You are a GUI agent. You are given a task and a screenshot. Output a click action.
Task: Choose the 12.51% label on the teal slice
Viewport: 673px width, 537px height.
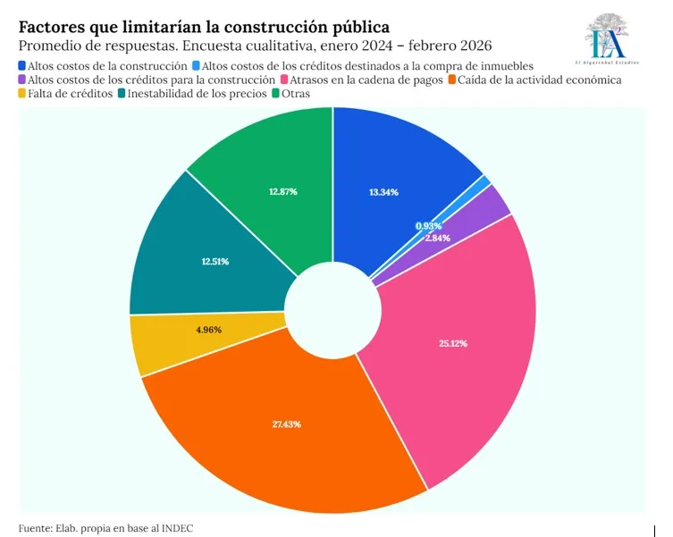215,262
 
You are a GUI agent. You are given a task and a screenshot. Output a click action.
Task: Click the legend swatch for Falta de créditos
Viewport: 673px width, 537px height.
22,93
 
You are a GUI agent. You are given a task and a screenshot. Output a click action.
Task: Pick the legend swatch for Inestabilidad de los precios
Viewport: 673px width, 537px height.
121,93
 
